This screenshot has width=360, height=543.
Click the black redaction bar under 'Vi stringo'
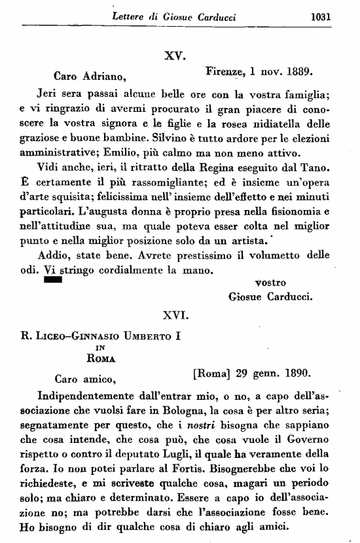[52, 279]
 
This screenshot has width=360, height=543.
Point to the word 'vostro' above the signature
[268, 282]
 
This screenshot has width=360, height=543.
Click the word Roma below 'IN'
[101, 358]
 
